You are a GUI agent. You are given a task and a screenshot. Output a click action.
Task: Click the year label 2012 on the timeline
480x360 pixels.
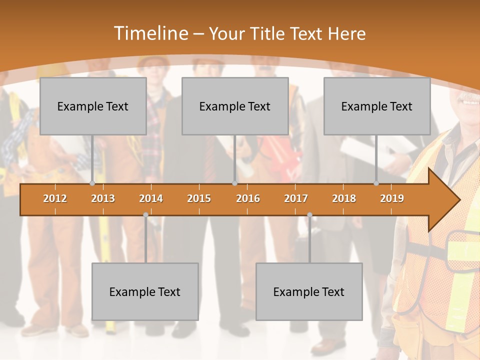point(55,198)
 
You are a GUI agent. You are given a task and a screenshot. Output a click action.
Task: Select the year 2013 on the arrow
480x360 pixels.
point(103,198)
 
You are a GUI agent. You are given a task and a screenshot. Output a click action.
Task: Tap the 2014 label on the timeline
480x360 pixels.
point(151,198)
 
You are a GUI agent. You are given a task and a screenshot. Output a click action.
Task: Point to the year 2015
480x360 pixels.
point(199,198)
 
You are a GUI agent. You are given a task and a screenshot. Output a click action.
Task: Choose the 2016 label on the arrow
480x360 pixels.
point(248,198)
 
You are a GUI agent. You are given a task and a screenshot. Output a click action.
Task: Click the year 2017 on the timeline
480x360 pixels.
point(296,198)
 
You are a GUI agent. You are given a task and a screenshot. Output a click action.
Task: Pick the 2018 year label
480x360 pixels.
point(344,198)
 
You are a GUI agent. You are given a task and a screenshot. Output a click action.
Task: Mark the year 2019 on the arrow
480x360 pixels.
point(392,198)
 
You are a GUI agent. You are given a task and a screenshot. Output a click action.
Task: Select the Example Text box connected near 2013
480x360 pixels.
point(93,106)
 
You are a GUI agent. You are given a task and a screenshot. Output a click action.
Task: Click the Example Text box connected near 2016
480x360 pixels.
point(235,106)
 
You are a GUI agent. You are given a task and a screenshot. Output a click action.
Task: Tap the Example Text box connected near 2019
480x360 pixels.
point(377,106)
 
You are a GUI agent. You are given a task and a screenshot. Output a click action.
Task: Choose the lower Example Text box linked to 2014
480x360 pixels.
point(145,292)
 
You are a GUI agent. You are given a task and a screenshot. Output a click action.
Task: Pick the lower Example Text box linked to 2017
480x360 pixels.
point(309,292)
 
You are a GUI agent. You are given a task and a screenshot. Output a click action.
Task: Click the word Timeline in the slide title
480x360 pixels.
point(150,33)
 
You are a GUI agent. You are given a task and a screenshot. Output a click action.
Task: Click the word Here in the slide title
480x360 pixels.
point(346,33)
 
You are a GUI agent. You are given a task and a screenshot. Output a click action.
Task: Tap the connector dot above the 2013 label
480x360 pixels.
point(92,183)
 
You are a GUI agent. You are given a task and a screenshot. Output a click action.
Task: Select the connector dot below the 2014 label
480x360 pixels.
point(145,215)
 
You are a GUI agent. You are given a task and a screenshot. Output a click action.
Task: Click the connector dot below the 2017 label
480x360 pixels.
point(309,215)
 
